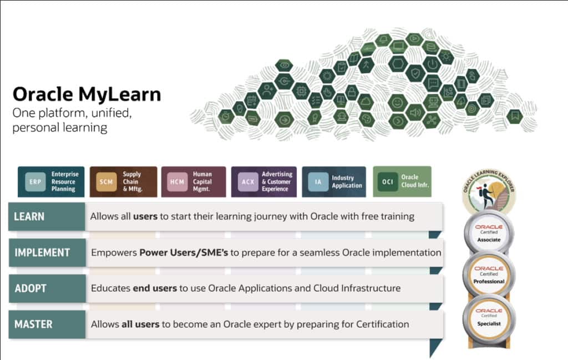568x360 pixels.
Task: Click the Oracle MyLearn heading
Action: point(87,94)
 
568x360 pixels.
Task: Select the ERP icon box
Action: point(35,182)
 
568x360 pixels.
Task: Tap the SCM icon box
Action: point(106,182)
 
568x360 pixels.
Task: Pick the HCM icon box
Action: point(178,182)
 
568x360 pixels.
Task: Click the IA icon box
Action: point(318,182)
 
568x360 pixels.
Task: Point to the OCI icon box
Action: point(389,182)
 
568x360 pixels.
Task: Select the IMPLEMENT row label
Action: point(42,252)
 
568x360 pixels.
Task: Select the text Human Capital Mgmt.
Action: point(202,182)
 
